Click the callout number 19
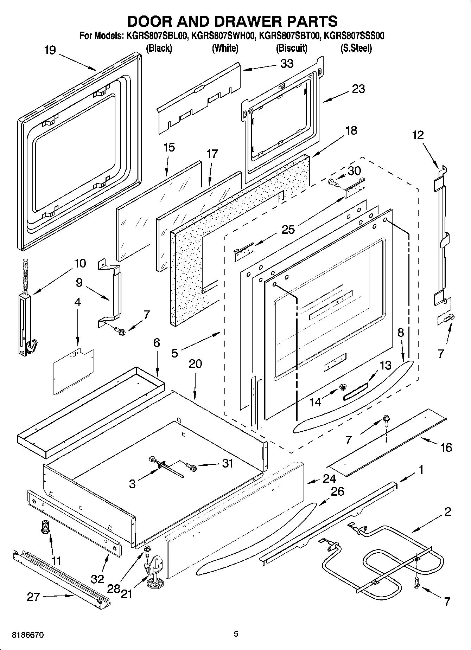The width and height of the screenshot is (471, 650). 50,51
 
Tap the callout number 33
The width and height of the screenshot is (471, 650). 287,64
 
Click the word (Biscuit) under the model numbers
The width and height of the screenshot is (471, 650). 291,48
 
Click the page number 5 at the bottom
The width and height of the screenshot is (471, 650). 236,634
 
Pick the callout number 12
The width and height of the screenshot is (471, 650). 418,135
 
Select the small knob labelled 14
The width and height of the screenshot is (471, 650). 342,387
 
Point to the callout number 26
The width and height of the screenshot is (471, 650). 337,491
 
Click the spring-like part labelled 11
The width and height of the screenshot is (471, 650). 45,528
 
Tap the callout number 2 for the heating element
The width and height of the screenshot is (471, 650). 447,511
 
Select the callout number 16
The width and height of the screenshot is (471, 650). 446,448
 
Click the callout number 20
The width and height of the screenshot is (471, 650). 195,363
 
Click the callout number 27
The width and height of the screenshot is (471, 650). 33,597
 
